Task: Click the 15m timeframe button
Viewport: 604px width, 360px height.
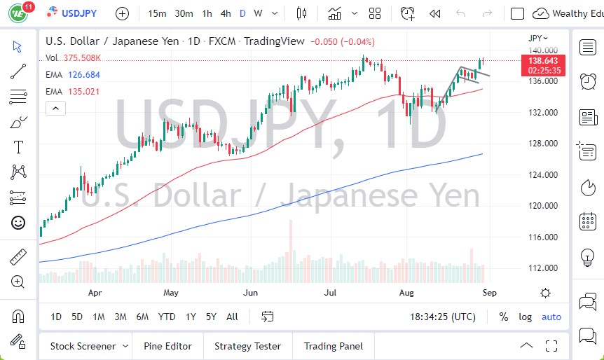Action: (x=158, y=13)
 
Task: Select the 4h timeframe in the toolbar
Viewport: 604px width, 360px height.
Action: (x=225, y=13)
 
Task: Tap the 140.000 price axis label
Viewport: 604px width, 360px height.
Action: (x=543, y=50)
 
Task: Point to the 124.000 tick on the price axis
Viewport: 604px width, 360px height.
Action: (x=543, y=175)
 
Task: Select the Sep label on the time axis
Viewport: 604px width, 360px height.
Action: (x=489, y=293)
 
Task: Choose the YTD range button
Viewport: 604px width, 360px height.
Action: (x=167, y=317)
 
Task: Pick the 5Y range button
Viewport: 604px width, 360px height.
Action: (x=211, y=317)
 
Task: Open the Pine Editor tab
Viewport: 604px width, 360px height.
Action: (x=167, y=346)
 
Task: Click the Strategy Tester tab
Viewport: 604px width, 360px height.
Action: (x=247, y=346)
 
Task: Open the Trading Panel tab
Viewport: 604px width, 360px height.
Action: (x=334, y=346)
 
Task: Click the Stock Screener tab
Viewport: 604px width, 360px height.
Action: (x=82, y=346)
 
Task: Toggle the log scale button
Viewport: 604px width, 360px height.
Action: (x=525, y=317)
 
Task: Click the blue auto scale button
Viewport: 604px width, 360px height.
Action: (x=551, y=317)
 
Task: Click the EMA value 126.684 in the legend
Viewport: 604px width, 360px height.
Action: (x=83, y=75)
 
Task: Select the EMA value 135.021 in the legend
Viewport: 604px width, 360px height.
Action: (x=83, y=91)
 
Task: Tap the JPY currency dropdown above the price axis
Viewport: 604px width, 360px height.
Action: (x=538, y=38)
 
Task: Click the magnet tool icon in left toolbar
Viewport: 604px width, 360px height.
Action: (x=18, y=317)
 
